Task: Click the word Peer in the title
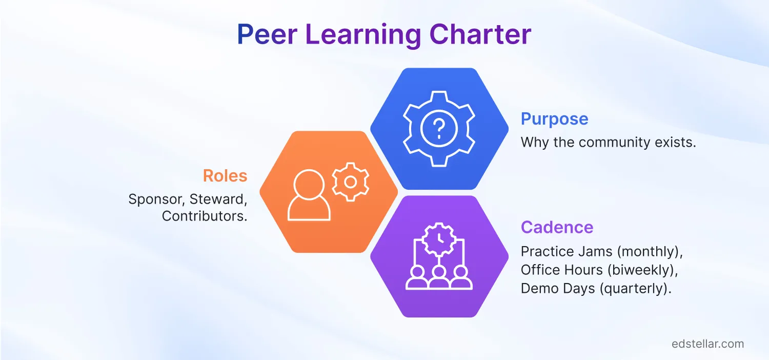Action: pos(267,35)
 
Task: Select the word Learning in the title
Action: pos(363,35)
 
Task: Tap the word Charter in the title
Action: pos(480,35)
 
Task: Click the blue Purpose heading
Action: pos(554,119)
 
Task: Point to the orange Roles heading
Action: pos(225,176)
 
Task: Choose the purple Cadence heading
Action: pos(557,227)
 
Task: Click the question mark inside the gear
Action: pos(438,129)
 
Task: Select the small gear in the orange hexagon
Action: pos(351,181)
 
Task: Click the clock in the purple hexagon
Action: pos(438,238)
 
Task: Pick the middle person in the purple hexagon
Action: pos(438,276)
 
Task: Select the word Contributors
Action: pos(205,216)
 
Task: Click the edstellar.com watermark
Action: pos(707,344)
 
